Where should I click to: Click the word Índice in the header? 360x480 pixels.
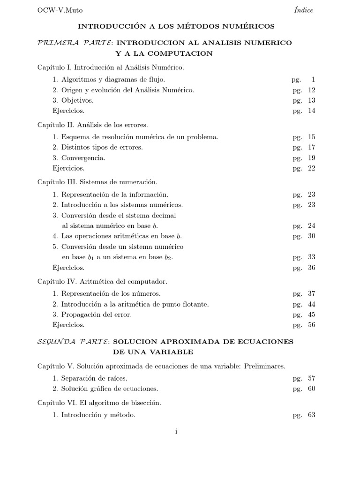point(304,10)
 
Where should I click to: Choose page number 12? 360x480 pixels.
point(312,90)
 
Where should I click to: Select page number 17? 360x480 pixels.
point(312,147)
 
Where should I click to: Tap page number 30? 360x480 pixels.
point(312,236)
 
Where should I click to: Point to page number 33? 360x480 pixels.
point(312,257)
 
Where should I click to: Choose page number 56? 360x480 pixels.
point(312,325)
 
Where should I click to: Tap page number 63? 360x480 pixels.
point(312,415)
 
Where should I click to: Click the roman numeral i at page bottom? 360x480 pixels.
point(176,432)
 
